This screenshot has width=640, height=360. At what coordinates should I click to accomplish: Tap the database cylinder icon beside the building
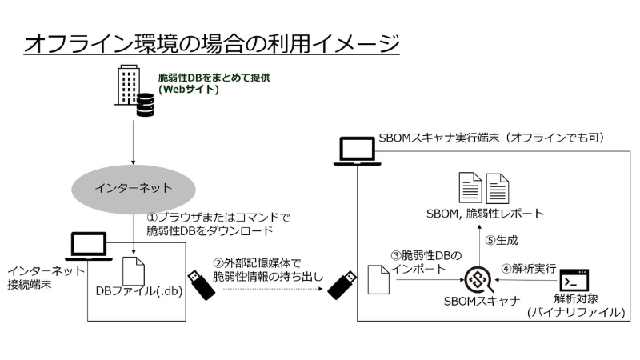click(x=145, y=106)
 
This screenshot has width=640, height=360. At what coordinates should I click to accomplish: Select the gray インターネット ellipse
click(x=133, y=189)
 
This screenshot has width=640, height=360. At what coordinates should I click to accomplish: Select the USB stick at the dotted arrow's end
click(x=342, y=283)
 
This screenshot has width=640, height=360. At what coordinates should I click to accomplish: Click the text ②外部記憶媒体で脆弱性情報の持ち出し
click(x=261, y=269)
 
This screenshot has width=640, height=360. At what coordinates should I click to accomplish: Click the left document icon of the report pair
click(x=470, y=187)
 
